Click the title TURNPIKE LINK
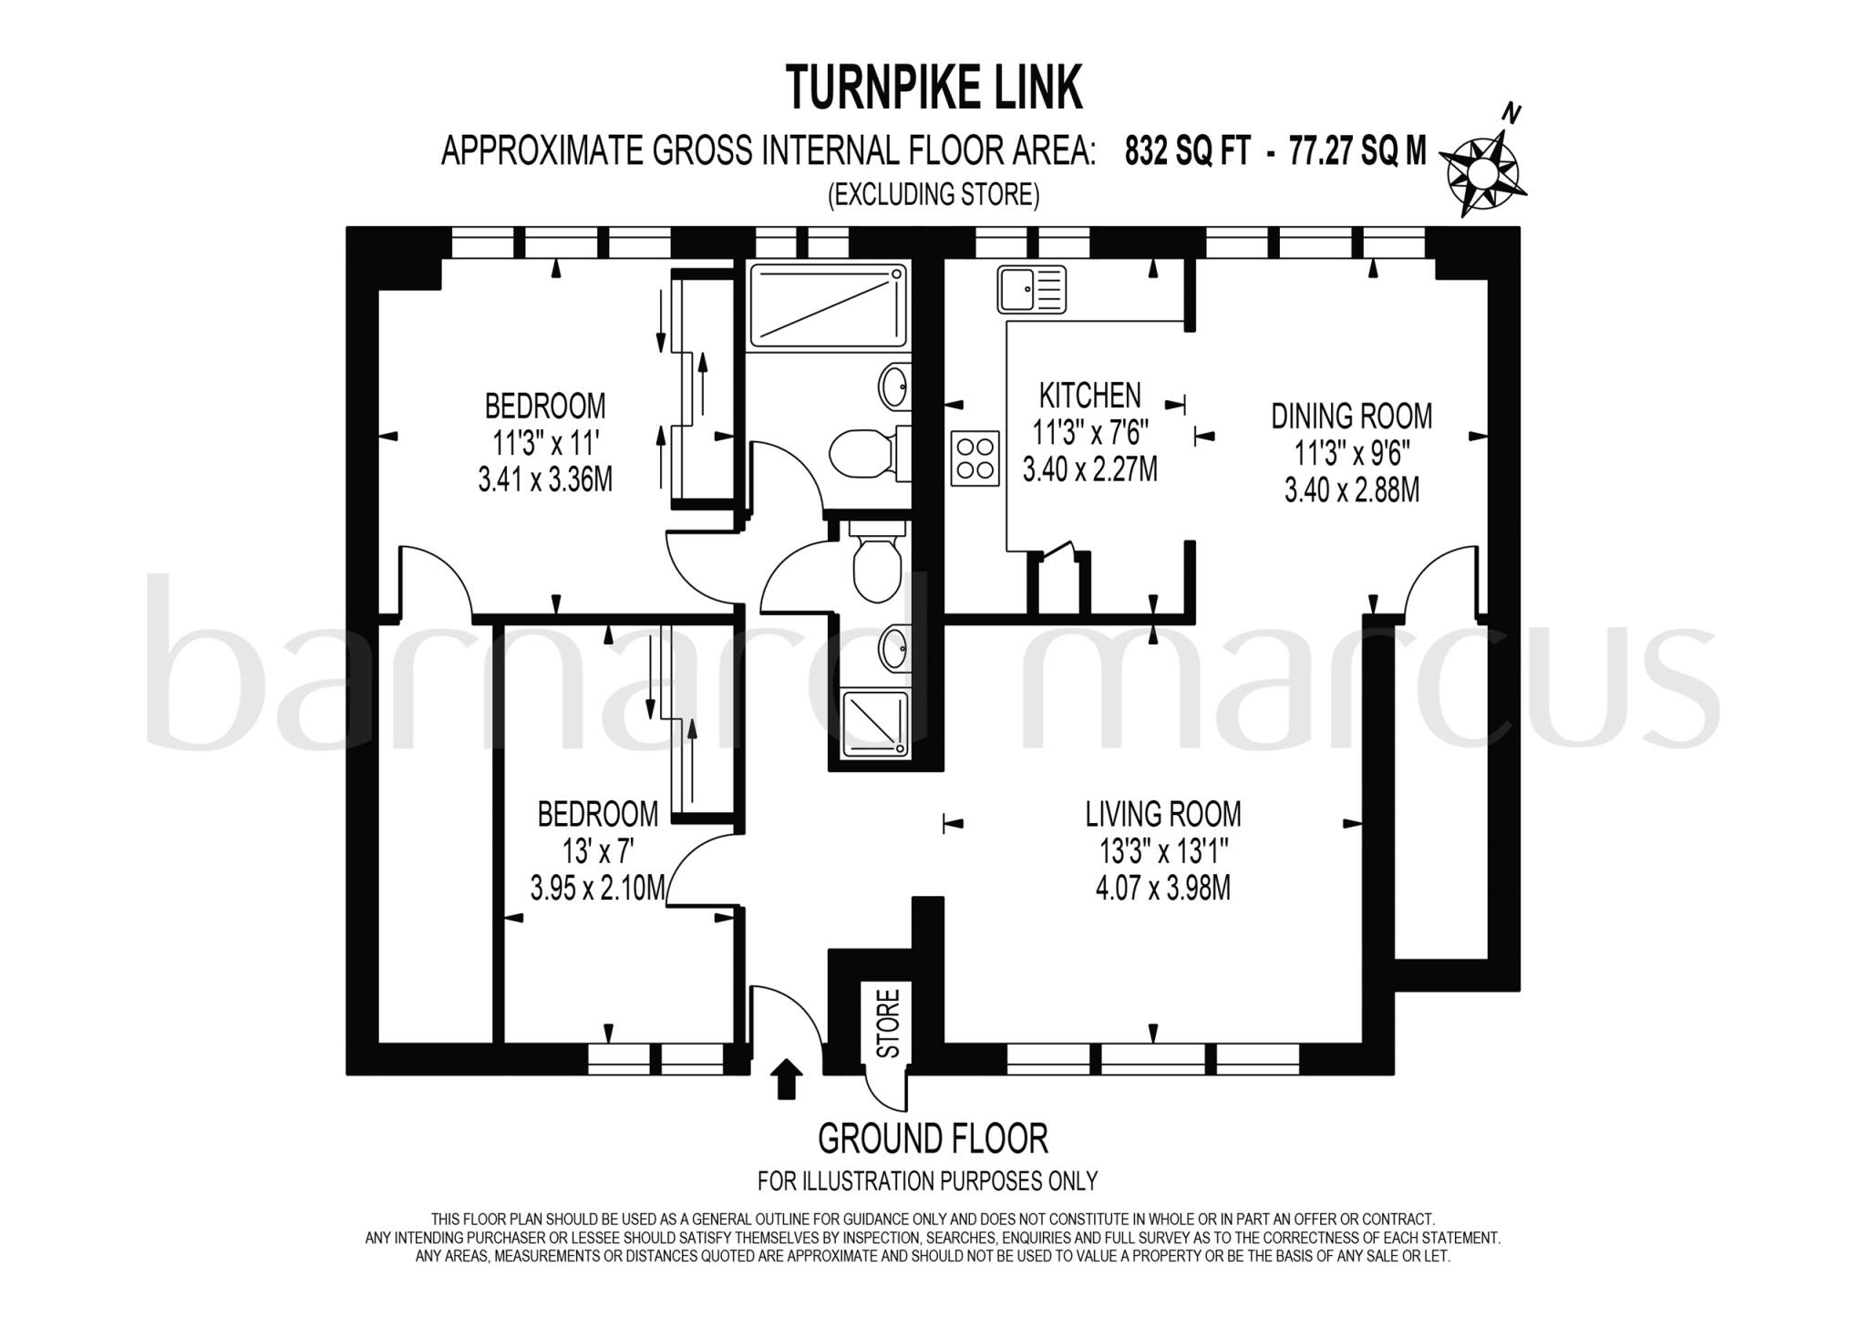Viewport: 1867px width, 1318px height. pyautogui.click(x=933, y=88)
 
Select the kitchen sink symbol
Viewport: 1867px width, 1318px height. pyautogui.click(x=1031, y=288)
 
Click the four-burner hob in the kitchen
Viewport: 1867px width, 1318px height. pyautogui.click(x=975, y=458)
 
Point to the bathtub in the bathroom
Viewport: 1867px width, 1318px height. pyautogui.click(x=828, y=306)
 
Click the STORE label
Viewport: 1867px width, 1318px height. pyautogui.click(x=887, y=1023)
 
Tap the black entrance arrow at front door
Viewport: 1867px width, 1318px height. pyautogui.click(x=787, y=1078)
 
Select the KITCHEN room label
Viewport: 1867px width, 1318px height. pyautogui.click(x=1089, y=396)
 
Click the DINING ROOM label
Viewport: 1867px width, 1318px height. pyautogui.click(x=1351, y=417)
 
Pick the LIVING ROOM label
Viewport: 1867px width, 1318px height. pyautogui.click(x=1162, y=813)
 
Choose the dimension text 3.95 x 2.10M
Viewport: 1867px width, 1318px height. pyautogui.click(x=597, y=888)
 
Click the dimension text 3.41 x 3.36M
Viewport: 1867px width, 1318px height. pyautogui.click(x=545, y=479)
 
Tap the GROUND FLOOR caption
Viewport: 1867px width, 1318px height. pyautogui.click(x=933, y=1139)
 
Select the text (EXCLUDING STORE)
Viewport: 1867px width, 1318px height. pyautogui.click(x=933, y=195)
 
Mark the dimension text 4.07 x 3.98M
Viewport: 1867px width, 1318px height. pyautogui.click(x=1162, y=888)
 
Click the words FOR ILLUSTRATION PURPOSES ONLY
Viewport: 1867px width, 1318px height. pyautogui.click(x=927, y=1181)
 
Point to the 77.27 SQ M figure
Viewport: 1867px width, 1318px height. pyautogui.click(x=1356, y=151)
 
